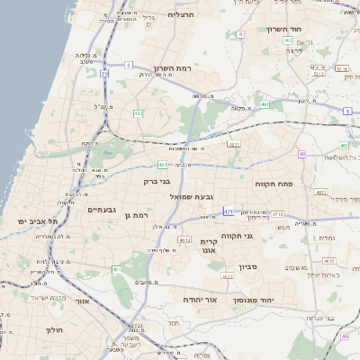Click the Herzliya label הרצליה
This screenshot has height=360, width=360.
click(181, 14)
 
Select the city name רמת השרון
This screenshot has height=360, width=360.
click(174, 68)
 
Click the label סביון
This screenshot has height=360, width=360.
click(247, 266)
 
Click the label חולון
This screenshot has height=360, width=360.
click(53, 330)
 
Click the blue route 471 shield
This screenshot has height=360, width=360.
click(229, 211)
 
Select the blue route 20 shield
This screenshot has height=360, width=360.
click(104, 72)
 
